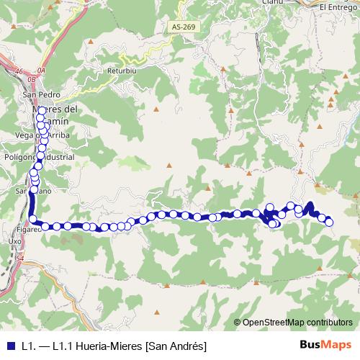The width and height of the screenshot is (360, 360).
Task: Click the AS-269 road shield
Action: pos(184,27)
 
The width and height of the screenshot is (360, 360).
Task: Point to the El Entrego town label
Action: pos(339,6)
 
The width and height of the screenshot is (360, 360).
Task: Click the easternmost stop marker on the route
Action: pos(330,222)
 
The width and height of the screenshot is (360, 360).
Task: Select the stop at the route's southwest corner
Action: pos(34,220)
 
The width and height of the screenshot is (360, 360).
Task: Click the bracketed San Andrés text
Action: pos(171,346)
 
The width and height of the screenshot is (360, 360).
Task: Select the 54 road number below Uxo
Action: pos(19,258)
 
